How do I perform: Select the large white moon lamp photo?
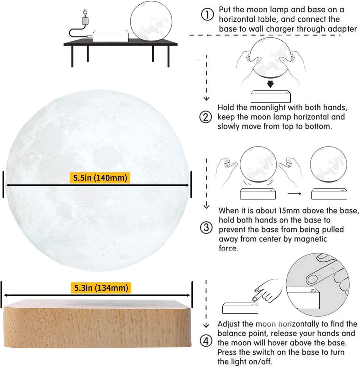(x=97, y=177)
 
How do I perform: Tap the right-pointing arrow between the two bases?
(x=293, y=193)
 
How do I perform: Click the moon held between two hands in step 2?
(x=271, y=60)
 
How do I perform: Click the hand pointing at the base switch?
(x=265, y=288)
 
